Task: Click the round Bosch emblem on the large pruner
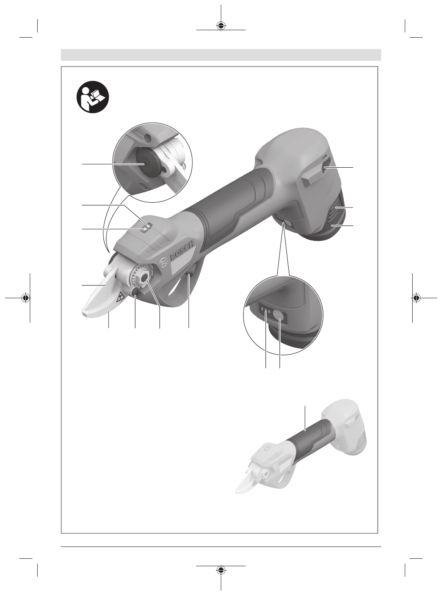(x=163, y=263)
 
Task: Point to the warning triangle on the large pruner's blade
(x=120, y=296)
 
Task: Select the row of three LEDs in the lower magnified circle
(x=265, y=311)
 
